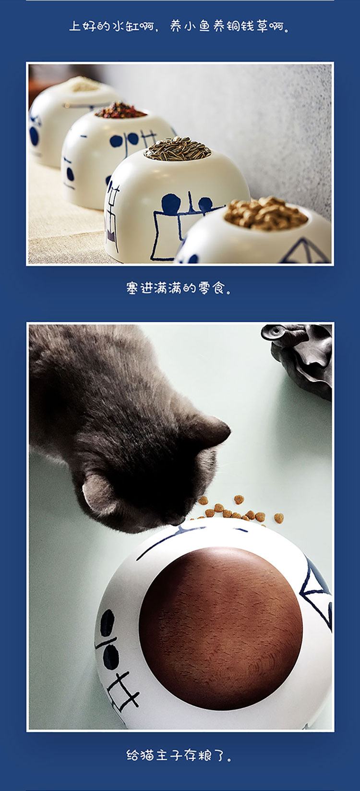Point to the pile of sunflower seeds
178,148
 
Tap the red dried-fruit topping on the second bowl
120,110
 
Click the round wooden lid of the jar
221,628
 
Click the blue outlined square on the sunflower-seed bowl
165,235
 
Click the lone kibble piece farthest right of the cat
279,518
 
